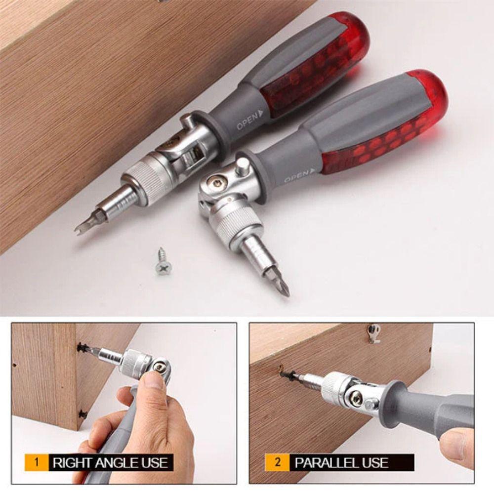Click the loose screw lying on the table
tap(163, 262)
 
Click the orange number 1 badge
tap(36, 463)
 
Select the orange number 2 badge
tap(278, 463)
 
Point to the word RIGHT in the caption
tap(71, 463)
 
